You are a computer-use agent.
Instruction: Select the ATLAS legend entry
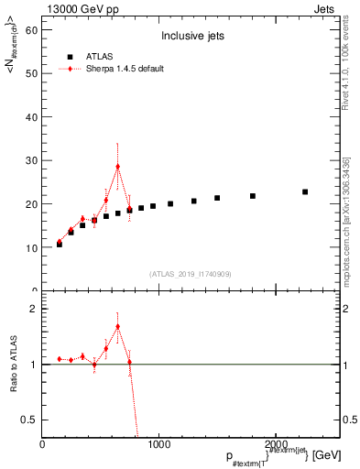(x=102, y=56)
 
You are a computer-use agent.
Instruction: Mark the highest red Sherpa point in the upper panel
(x=118, y=167)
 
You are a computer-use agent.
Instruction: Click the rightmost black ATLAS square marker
(x=305, y=191)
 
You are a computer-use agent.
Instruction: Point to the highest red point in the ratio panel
(x=118, y=326)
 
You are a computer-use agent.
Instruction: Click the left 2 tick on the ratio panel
(x=32, y=309)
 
